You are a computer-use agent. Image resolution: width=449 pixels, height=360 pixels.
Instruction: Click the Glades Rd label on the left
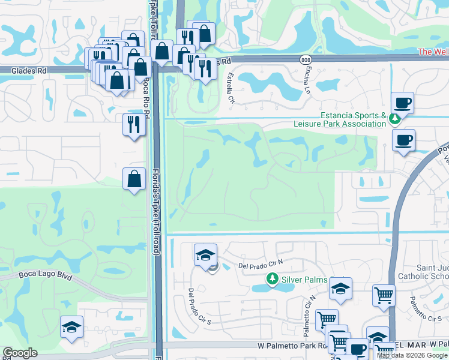coord(29,70)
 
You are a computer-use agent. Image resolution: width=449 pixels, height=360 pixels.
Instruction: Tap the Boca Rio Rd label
coord(145,95)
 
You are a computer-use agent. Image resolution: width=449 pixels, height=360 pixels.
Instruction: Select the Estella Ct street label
coord(230,87)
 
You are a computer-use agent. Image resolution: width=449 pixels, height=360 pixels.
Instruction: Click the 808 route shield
coord(305,59)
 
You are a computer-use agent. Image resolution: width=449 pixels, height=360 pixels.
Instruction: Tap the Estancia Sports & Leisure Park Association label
coord(352,119)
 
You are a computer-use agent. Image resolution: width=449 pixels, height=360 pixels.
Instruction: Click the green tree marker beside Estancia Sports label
coord(394,118)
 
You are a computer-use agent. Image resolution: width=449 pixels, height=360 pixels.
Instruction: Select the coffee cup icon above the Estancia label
coord(402,103)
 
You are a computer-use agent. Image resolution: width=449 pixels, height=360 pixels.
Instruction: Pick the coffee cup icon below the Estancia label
coord(404,140)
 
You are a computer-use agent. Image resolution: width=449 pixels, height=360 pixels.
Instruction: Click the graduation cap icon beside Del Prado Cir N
coord(205,254)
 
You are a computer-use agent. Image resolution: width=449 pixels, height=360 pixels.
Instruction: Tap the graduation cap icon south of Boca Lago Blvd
coord(71,327)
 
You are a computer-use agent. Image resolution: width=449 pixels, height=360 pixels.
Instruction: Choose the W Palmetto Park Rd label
coord(291,346)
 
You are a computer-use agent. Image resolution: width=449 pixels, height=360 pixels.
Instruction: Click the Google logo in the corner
coord(20,353)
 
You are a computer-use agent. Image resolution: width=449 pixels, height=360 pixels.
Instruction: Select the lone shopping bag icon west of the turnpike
coord(134,179)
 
